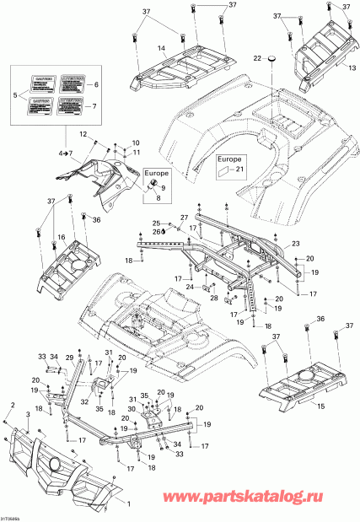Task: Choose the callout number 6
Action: click(x=95, y=85)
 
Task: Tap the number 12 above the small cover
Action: click(x=83, y=135)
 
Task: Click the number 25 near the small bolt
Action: click(x=154, y=223)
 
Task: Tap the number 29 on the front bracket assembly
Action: click(x=70, y=358)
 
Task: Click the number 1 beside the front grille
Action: click(x=129, y=503)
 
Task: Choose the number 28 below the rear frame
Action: click(x=214, y=299)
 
